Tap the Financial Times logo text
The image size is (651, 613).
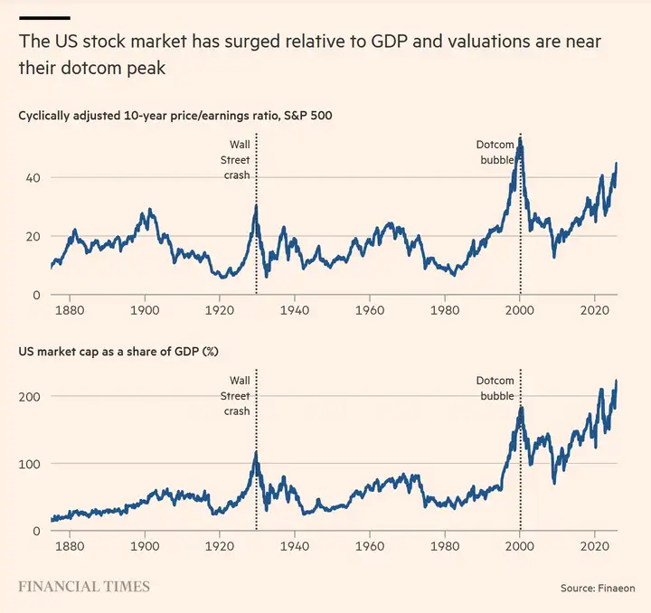(x=84, y=587)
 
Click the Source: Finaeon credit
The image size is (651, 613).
(x=598, y=589)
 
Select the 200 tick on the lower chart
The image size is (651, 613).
(x=31, y=396)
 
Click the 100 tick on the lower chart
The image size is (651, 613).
(x=31, y=463)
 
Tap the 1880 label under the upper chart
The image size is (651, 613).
(x=70, y=308)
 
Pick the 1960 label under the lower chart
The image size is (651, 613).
(x=369, y=545)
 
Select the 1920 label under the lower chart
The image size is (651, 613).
(x=219, y=545)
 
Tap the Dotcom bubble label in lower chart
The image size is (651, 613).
(x=495, y=388)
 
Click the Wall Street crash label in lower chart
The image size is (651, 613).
(x=237, y=395)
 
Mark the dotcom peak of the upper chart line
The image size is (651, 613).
(x=520, y=140)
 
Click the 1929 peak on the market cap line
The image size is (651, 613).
(x=256, y=453)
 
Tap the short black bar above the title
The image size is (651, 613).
(x=44, y=17)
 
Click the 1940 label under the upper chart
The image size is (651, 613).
(x=294, y=308)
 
